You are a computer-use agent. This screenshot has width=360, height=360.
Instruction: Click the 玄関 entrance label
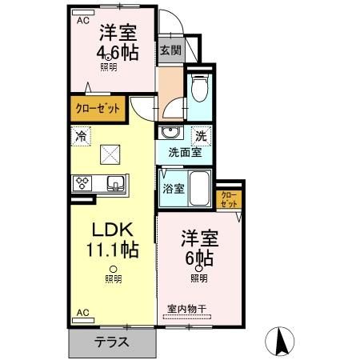(x=169, y=50)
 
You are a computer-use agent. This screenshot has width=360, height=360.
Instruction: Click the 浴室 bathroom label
(x=174, y=189)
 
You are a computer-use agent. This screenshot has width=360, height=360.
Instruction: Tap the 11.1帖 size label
(x=113, y=249)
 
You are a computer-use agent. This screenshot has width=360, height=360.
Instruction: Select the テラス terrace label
(x=112, y=341)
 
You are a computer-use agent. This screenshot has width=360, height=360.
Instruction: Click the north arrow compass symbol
(x=282, y=342)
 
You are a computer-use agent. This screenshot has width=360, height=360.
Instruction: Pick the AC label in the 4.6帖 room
(x=83, y=22)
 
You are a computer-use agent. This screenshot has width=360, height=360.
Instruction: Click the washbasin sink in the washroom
(x=169, y=133)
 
